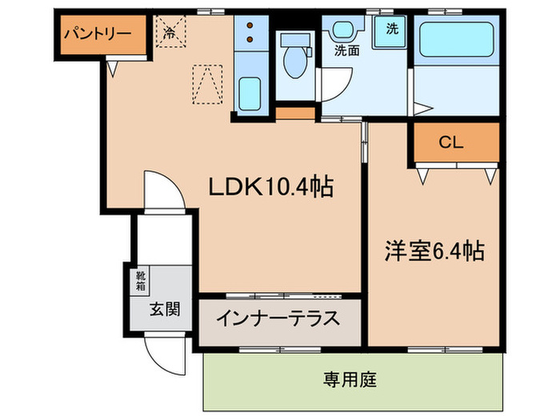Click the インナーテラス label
click(x=277, y=318)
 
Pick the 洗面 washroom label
click(x=346, y=50)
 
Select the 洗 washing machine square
click(x=392, y=30)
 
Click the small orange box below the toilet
click(x=295, y=112)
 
